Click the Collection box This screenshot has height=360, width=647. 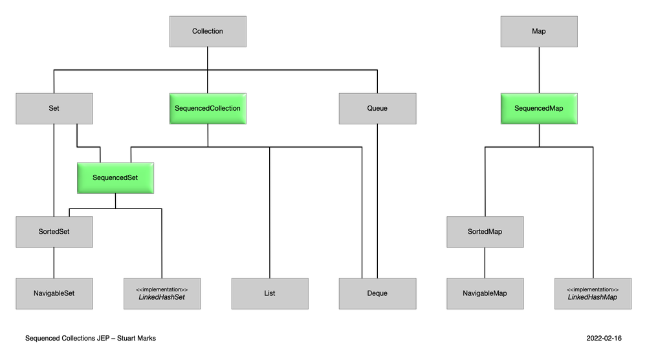tap(208, 31)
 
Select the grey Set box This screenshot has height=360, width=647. tap(54, 108)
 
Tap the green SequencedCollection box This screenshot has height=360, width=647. tap(208, 108)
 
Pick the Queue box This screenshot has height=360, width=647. tap(377, 108)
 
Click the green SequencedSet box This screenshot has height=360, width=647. tap(115, 177)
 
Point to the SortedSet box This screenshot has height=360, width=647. tap(54, 232)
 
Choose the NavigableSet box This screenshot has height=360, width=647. tap(54, 293)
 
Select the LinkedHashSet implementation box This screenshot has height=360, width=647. tap(162, 293)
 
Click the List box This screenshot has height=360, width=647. tap(270, 293)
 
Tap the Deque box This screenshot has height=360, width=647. tap(377, 293)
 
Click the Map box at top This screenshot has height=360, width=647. tap(539, 31)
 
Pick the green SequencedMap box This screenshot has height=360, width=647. tap(539, 108)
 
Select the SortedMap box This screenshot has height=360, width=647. tap(485, 232)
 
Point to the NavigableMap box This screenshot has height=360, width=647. tap(485, 293)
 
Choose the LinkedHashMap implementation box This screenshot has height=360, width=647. tap(593, 293)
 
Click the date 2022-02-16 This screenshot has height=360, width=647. tap(604, 338)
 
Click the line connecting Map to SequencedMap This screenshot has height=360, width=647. tap(539, 70)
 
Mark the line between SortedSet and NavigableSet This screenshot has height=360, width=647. tap(54, 262)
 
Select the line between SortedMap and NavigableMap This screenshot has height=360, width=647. tap(485, 262)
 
